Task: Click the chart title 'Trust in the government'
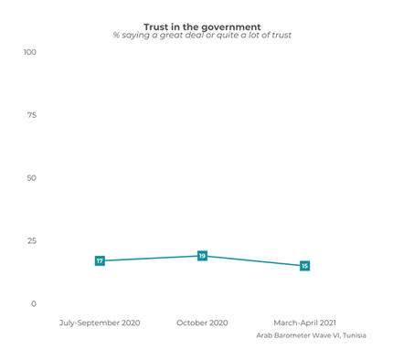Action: coord(202,26)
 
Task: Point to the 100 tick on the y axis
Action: coord(30,52)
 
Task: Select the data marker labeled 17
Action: coord(100,261)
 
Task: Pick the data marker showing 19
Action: coord(202,256)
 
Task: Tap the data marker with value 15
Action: coord(304,266)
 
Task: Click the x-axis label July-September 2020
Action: coord(100,323)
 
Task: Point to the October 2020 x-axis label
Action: coord(202,323)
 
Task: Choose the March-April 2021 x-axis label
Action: coord(304,323)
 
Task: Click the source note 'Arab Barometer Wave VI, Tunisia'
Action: coord(312,335)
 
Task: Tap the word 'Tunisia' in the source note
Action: coord(350,335)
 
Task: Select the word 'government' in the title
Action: coord(232,26)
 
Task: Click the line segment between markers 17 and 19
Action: coord(151,259)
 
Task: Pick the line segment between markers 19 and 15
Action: coord(253,261)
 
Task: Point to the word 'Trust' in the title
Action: coord(156,26)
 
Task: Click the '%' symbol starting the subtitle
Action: coord(116,36)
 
